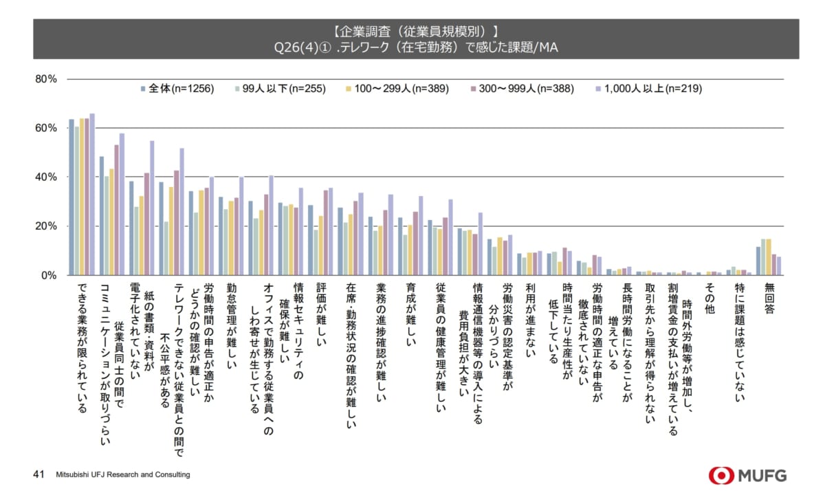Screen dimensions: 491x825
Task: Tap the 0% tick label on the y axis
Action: tap(48, 276)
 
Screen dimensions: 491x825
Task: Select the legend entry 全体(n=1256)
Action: tap(177, 89)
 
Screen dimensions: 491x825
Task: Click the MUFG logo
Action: tap(748, 474)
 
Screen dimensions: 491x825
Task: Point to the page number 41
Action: tap(39, 474)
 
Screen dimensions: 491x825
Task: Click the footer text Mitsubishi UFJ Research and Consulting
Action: tap(123, 475)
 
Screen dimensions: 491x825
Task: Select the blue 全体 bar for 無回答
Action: tap(758, 261)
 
